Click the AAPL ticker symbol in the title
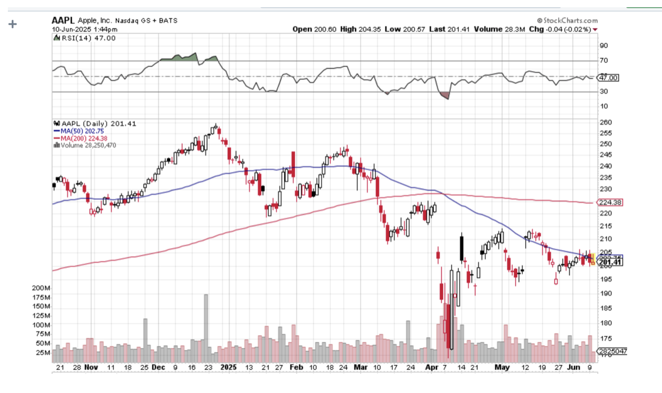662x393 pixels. pyautogui.click(x=63, y=20)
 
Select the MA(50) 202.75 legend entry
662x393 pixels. pyautogui.click(x=82, y=131)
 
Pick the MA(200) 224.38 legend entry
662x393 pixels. pyautogui.click(x=84, y=138)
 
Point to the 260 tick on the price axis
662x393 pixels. pyautogui.click(x=606, y=122)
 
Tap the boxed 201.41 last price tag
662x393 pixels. pyautogui.click(x=609, y=262)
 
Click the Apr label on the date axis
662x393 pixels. pyautogui.click(x=431, y=368)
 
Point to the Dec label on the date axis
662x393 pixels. pyautogui.click(x=159, y=368)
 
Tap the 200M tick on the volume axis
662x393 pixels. pyautogui.click(x=42, y=287)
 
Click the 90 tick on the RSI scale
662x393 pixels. pyautogui.click(x=604, y=45)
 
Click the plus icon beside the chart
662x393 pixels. pyautogui.click(x=12, y=24)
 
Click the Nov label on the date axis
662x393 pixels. pyautogui.click(x=91, y=368)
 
